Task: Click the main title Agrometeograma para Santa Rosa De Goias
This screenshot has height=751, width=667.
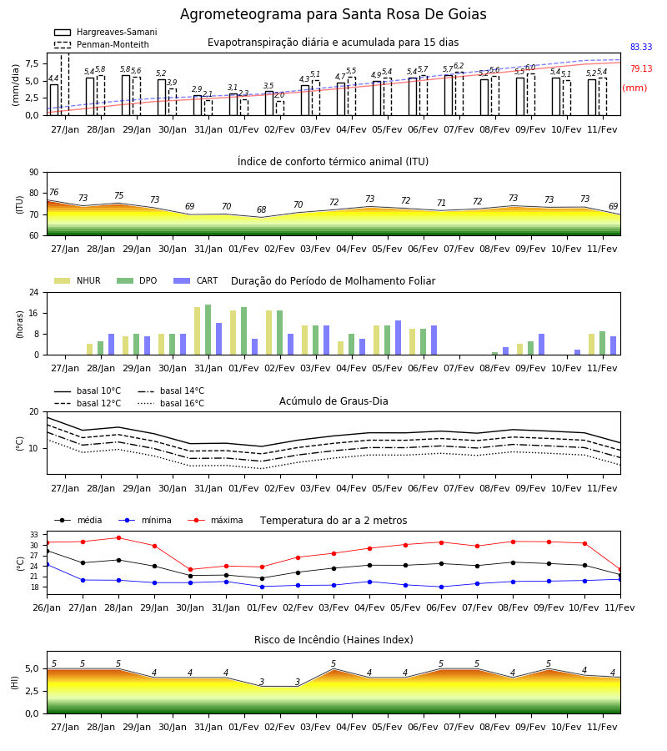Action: tap(333, 14)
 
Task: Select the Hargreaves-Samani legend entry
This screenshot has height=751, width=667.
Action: tap(105, 32)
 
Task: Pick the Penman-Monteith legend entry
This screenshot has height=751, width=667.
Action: tap(102, 44)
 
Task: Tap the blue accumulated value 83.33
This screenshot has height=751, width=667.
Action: tap(641, 47)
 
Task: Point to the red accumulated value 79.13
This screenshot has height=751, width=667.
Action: tap(641, 68)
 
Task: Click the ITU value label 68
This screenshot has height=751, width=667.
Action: tap(261, 209)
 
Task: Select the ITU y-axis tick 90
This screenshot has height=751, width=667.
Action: tap(34, 173)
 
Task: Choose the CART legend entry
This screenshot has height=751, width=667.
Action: tap(196, 280)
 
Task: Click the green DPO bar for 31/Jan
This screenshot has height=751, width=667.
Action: tap(208, 330)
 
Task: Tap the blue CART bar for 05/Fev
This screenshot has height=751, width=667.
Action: tap(398, 338)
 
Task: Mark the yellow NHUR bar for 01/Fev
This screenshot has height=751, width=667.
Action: tap(233, 332)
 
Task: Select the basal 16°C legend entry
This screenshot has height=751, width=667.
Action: tap(171, 403)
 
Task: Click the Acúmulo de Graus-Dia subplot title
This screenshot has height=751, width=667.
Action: tap(333, 401)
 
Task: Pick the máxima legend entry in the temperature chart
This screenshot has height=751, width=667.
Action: tap(215, 520)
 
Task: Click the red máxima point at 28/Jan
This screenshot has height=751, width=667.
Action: tap(118, 538)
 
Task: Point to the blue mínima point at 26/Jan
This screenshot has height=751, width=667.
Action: tap(48, 565)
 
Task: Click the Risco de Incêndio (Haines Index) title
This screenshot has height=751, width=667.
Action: tap(333, 640)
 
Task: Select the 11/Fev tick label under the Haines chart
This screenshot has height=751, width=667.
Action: tap(602, 727)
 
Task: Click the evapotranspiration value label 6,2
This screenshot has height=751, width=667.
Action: tap(459, 66)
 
